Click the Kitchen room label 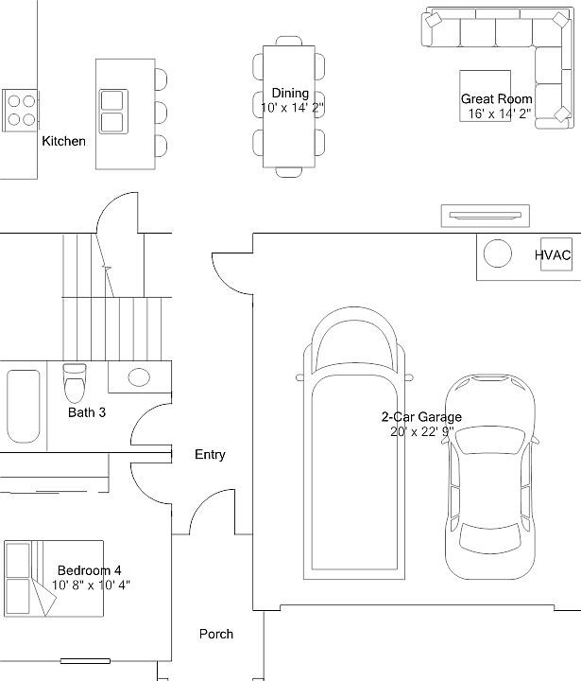[x=63, y=142]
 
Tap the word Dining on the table [x=290, y=93]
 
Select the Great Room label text [x=496, y=99]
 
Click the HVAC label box [x=553, y=255]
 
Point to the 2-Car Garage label [x=421, y=416]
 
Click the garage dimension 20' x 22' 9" [x=421, y=431]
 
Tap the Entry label [x=210, y=455]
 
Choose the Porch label [x=215, y=634]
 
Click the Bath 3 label [x=87, y=412]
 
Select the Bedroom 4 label [x=89, y=570]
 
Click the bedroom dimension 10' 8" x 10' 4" [x=91, y=585]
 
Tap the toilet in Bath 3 [x=74, y=383]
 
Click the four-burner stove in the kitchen [x=21, y=109]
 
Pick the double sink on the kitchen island [x=112, y=112]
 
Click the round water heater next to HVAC [x=497, y=254]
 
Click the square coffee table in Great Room [x=485, y=96]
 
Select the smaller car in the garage [x=489, y=478]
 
